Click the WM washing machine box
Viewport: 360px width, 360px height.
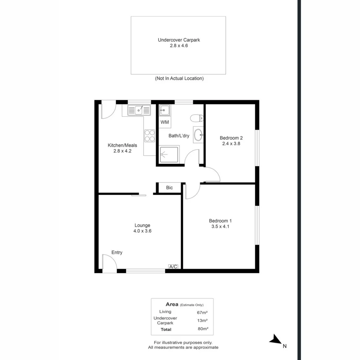point(165,122)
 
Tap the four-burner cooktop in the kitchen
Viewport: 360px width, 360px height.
point(149,136)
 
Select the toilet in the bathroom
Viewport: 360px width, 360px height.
point(197,118)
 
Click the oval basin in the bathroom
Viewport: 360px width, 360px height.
point(198,135)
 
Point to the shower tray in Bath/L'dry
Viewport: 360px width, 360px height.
point(169,154)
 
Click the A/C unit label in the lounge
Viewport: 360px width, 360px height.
point(173,267)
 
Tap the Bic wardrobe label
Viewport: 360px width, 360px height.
point(169,188)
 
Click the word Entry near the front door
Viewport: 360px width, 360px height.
point(117,252)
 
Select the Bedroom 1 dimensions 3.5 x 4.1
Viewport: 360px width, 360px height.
point(220,226)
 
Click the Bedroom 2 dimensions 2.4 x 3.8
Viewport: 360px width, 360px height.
point(231,144)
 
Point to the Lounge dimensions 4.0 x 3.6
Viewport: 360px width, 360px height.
point(142,231)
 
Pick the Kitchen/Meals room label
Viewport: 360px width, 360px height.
point(122,145)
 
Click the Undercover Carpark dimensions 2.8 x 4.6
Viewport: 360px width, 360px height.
point(179,46)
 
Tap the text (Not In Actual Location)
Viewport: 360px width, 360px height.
point(179,78)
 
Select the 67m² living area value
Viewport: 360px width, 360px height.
point(202,312)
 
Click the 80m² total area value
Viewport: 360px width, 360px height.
point(203,329)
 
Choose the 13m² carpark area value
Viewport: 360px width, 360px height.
point(202,320)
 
